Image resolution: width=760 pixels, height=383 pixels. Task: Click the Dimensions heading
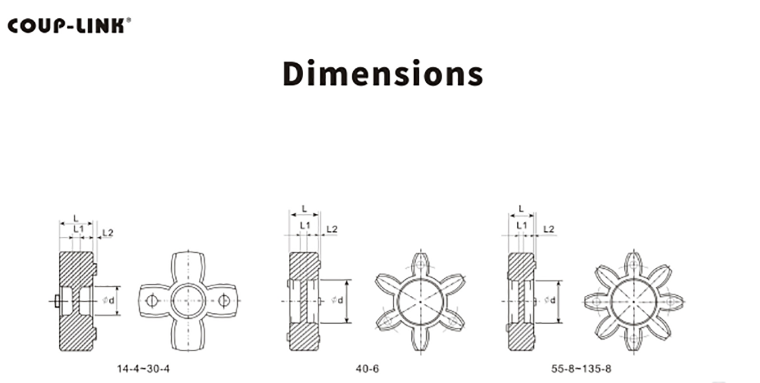pos(383,73)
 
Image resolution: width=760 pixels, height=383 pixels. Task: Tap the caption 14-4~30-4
pos(143,368)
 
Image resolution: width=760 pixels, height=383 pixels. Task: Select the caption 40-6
pos(367,368)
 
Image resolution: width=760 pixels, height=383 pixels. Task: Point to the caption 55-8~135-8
pos(581,368)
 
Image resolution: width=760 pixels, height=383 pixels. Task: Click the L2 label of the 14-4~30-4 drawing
pos(108,233)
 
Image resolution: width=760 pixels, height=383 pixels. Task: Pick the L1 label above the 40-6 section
pos(305,225)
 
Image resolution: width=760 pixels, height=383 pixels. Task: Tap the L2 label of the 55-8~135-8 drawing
pos(549,229)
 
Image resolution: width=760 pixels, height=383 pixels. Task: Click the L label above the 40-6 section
pos(304,209)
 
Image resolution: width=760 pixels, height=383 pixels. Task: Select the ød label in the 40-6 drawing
pos(337,300)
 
